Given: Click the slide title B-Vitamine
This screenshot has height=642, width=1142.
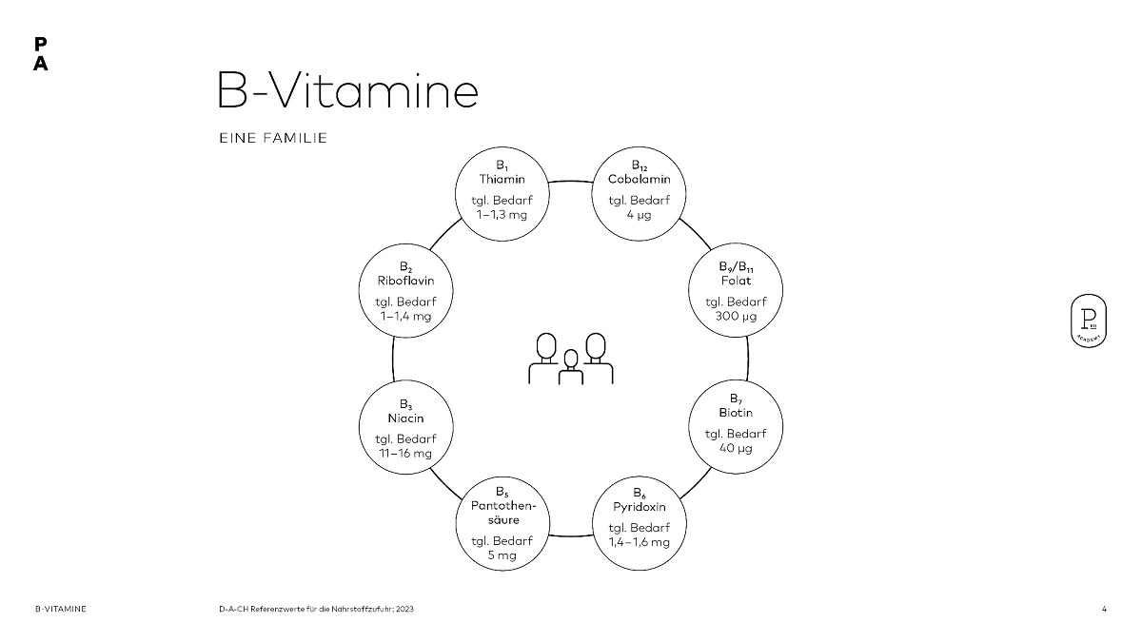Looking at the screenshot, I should click(x=346, y=91).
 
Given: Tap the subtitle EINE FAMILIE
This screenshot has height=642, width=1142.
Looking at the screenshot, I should click(x=273, y=138).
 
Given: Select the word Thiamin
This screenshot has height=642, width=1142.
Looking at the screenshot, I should click(x=502, y=179).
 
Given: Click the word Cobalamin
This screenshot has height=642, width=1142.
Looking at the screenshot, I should click(x=640, y=179).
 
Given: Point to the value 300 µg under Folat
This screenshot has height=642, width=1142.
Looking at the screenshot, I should click(x=736, y=316).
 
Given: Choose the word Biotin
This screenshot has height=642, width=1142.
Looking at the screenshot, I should click(x=736, y=413).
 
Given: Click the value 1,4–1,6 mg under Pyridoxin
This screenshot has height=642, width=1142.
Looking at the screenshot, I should click(x=640, y=542).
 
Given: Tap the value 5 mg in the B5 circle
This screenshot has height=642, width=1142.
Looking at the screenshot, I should click(x=502, y=554).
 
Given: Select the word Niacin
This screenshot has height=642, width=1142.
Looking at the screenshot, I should click(x=405, y=418).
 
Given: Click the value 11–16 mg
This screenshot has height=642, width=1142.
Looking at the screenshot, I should click(x=405, y=453).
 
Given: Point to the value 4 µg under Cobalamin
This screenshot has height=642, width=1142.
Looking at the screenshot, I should click(x=640, y=214).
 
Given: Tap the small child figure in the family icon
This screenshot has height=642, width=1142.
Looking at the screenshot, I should click(x=570, y=367).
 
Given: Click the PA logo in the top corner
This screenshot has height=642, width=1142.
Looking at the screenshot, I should click(x=40, y=54).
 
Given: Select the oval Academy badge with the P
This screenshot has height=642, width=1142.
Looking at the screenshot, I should click(x=1087, y=321).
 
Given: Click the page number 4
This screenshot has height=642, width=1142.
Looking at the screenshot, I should click(x=1104, y=608).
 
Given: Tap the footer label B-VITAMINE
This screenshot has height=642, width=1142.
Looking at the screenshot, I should click(x=60, y=608).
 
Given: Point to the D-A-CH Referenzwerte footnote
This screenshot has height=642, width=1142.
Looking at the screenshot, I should click(x=317, y=608).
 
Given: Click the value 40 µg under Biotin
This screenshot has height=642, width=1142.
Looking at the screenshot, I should click(x=736, y=448).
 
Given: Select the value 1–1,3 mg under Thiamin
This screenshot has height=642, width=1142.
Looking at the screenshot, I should click(x=502, y=214).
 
